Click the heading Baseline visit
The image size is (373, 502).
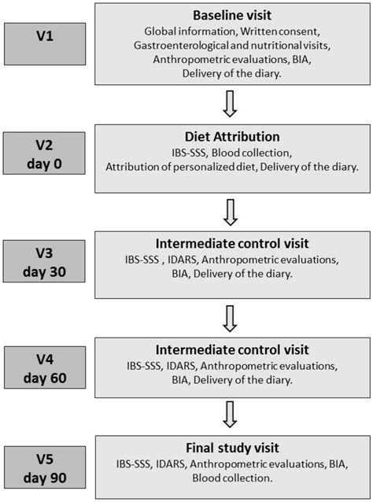232,16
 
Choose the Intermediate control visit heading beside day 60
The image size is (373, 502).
232,349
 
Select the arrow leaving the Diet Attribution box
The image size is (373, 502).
232,211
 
